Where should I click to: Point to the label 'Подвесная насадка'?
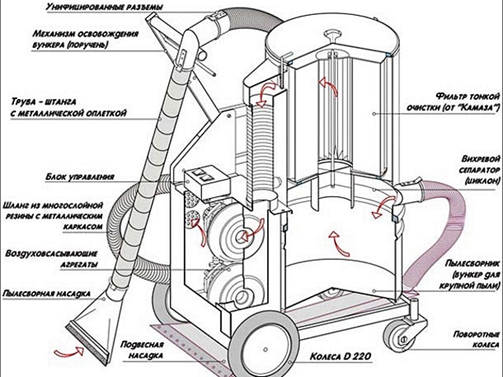(x=143, y=350)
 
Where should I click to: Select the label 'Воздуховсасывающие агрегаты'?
(x=71, y=259)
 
